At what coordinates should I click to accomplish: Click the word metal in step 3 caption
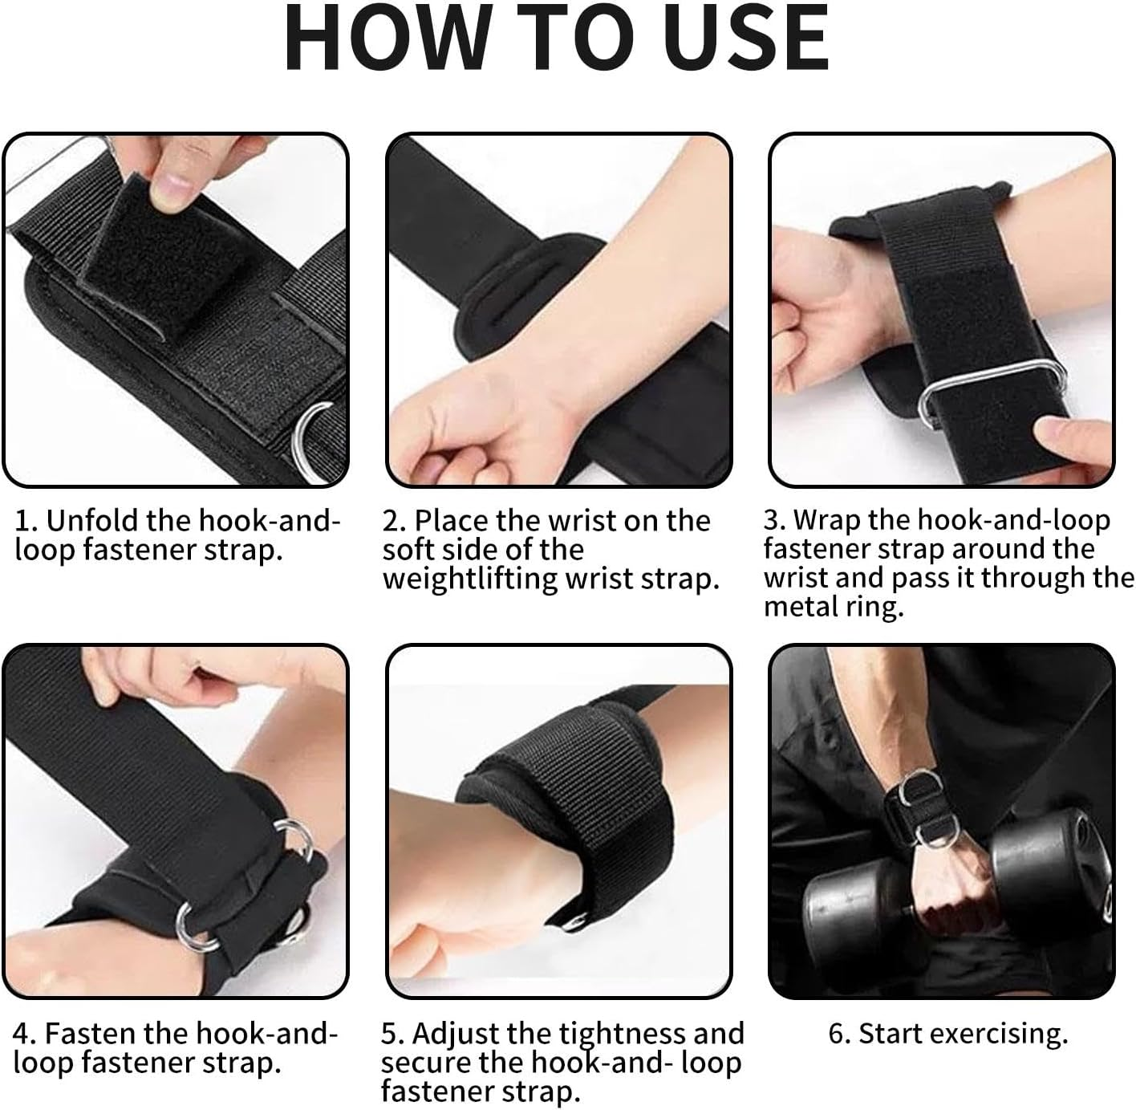coord(802,607)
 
